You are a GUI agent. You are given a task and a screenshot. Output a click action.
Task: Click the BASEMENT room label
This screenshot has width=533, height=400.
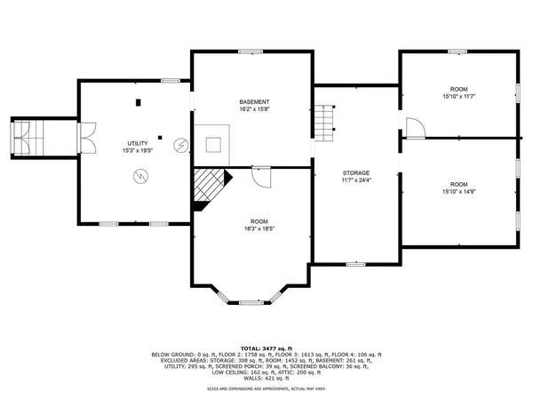tap(253, 101)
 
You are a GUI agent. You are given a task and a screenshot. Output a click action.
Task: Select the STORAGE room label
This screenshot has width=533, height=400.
tap(356, 172)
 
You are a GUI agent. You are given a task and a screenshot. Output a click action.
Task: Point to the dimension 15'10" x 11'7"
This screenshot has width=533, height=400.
tap(458, 96)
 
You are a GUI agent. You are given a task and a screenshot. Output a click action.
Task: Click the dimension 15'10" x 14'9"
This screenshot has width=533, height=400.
tap(458, 189)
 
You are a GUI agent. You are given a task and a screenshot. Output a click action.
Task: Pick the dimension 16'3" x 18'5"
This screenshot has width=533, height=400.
tap(259, 228)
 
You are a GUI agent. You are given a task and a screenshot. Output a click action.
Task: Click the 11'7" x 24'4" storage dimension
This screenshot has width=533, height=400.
tap(356, 180)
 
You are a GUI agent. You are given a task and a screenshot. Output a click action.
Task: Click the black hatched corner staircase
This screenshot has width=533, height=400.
tap(210, 189)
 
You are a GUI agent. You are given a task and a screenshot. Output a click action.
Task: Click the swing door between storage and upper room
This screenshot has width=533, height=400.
tap(415, 128)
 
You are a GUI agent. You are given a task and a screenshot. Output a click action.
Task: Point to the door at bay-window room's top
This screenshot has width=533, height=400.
tap(260, 176)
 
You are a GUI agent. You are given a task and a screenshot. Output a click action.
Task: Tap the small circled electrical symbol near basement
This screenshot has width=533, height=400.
tap(181, 143)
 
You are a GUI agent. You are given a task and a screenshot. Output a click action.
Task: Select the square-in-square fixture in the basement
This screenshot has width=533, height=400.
tap(214, 145)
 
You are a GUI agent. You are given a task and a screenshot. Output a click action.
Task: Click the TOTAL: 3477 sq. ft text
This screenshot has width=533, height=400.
tap(266, 347)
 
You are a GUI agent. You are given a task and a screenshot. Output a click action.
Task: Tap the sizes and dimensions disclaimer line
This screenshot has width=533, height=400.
tap(266, 388)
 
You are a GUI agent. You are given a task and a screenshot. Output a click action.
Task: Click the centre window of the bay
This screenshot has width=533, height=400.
tap(245, 303)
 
